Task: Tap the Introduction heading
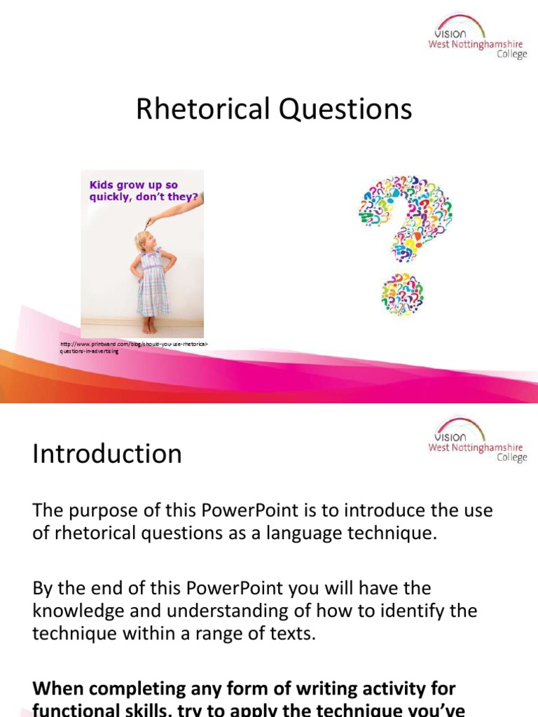pos(107,454)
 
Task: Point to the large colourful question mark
pos(405,218)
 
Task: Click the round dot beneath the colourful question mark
pos(402,294)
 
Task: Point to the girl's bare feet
pos(149,326)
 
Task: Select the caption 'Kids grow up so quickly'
pos(143,191)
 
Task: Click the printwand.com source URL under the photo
pos(134,347)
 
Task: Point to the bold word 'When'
pos(62,690)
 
